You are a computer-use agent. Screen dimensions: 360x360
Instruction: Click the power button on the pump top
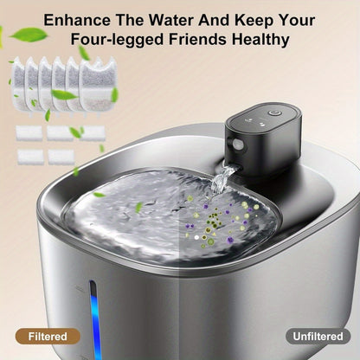[x=273, y=112]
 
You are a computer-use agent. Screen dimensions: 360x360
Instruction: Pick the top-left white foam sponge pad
[x=29, y=132]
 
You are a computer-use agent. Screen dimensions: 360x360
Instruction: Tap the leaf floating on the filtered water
[x=138, y=207]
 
